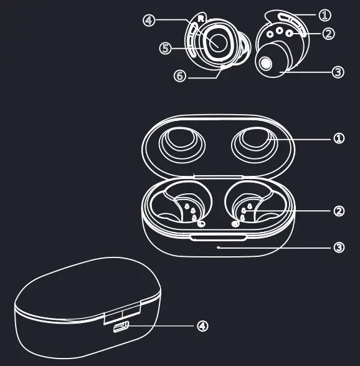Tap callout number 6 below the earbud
point(179,75)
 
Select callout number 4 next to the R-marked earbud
point(148,21)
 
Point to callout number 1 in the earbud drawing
point(325,14)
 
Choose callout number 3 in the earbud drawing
point(338,72)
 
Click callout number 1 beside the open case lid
point(338,138)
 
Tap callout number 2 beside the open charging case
point(339,211)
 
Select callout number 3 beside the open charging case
point(338,248)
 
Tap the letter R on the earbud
point(201,19)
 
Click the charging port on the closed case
point(121,327)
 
